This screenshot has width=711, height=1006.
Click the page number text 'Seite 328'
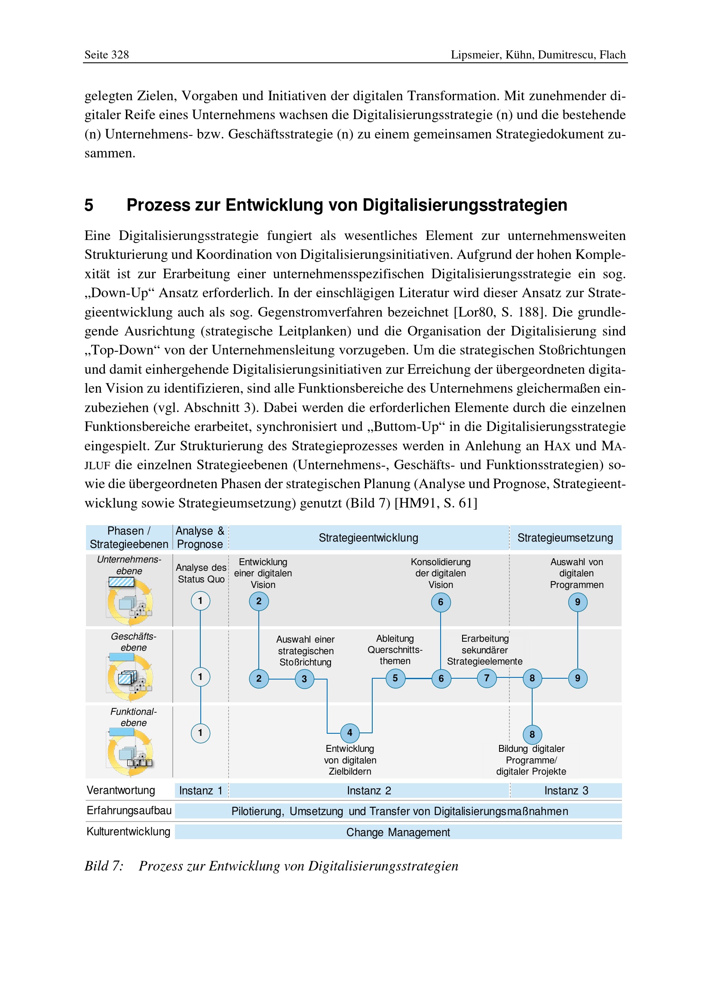click(x=106, y=55)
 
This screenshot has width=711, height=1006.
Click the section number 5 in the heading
click(x=89, y=205)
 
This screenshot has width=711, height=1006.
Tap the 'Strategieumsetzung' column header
click(x=565, y=538)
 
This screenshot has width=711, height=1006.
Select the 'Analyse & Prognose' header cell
click(x=200, y=538)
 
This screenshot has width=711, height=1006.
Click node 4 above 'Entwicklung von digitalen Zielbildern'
click(x=349, y=732)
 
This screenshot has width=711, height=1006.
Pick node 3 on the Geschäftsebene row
click(x=304, y=679)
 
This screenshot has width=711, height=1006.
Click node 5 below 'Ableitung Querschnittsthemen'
click(x=395, y=678)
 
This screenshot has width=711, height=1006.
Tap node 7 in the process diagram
click(x=487, y=678)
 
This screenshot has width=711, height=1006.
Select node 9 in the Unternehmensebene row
click(x=577, y=602)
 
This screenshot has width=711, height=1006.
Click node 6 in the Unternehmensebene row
click(x=441, y=602)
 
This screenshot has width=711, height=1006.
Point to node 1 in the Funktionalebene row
click(x=200, y=733)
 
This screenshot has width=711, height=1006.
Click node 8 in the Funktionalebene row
click(x=532, y=734)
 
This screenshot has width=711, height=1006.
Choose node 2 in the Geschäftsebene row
click(x=259, y=679)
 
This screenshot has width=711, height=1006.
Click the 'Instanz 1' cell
click(x=201, y=791)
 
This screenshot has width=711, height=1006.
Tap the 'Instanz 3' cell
click(x=566, y=791)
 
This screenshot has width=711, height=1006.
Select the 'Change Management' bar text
click(x=398, y=832)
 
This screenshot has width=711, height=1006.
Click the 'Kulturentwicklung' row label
click(x=128, y=832)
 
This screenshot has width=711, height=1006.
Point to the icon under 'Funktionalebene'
click(x=130, y=752)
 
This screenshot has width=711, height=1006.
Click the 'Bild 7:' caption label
click(x=104, y=866)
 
